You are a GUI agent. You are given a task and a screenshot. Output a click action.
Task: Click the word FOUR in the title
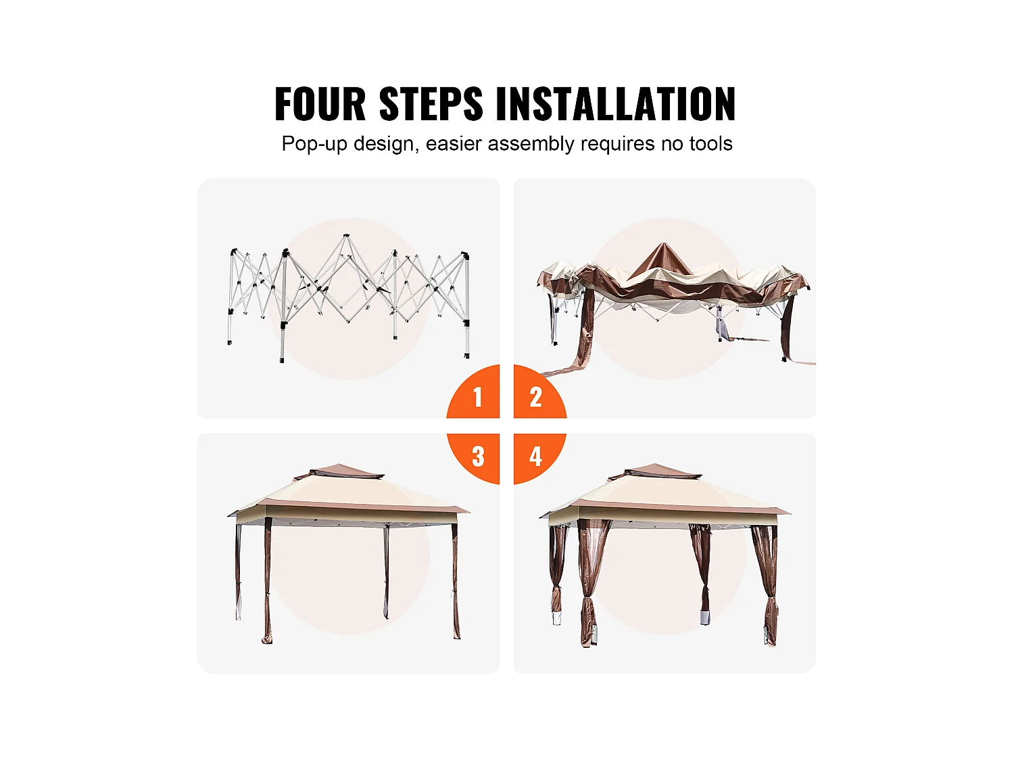tap(320, 104)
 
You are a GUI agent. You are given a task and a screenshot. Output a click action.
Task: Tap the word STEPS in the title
tap(431, 104)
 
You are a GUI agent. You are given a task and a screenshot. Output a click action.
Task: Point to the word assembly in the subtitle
tap(531, 144)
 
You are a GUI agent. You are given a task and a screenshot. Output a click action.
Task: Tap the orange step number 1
tap(478, 397)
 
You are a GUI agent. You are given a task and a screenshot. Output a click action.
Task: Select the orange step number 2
tap(536, 397)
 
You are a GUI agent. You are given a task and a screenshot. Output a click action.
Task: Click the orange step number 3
tap(478, 456)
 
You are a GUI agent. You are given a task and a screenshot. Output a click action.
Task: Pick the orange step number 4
tap(536, 456)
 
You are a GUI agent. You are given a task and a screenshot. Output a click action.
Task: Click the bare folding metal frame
tap(349, 298)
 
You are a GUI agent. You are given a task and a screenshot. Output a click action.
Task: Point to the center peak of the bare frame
tap(345, 236)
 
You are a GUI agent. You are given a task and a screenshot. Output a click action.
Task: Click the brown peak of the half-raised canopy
tap(663, 259)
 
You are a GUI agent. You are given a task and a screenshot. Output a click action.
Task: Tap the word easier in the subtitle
tap(454, 143)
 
